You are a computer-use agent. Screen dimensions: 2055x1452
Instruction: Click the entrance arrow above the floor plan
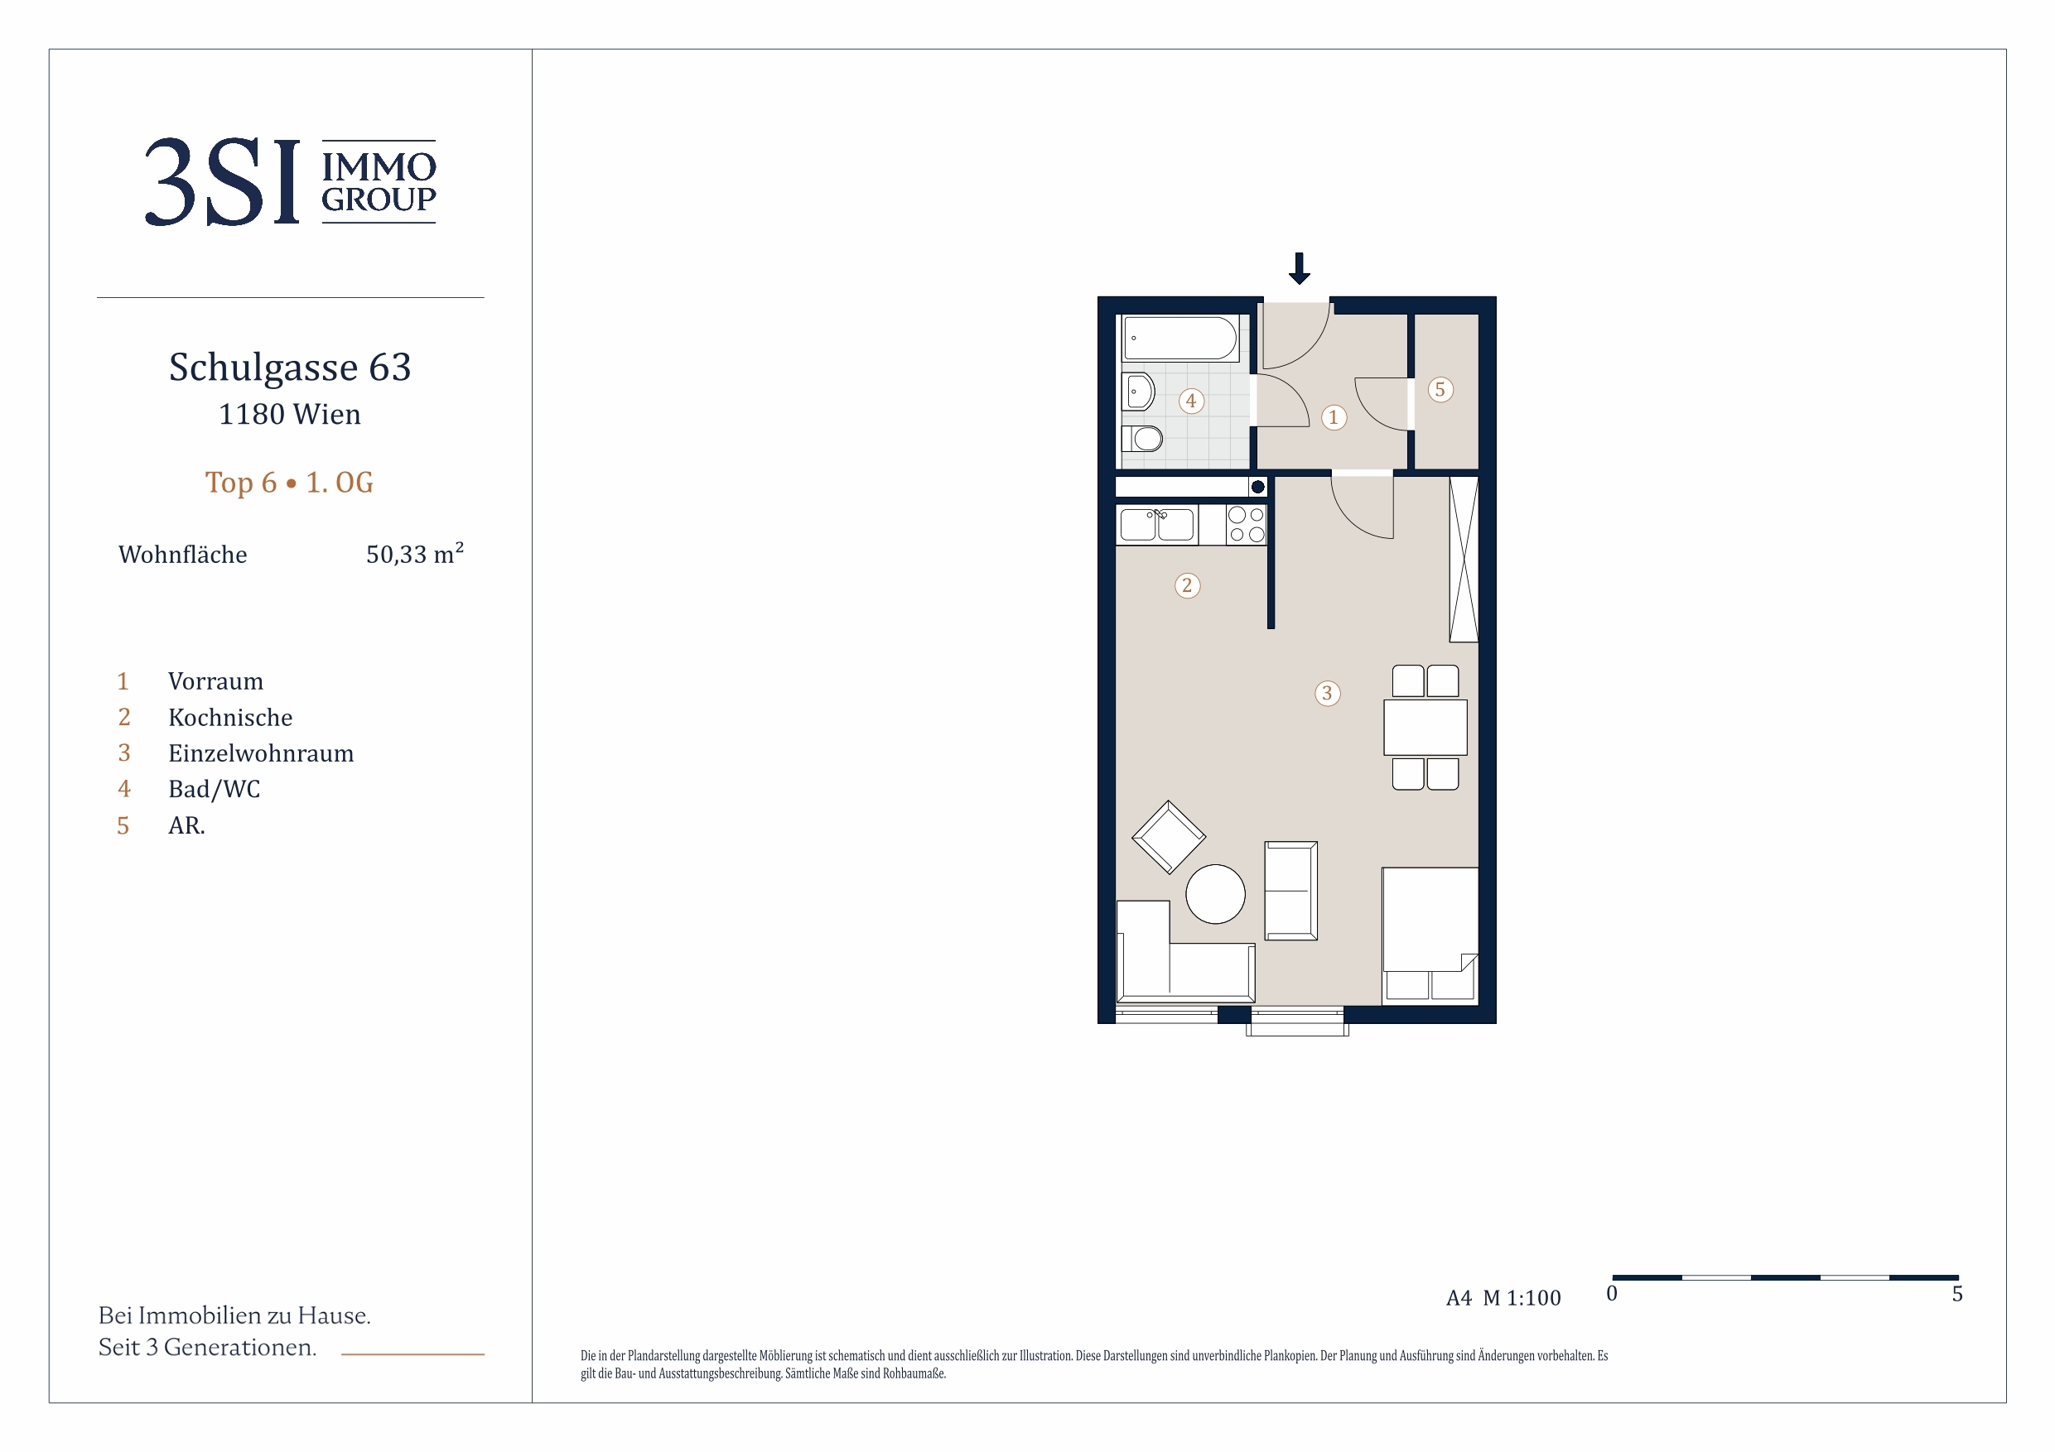(1300, 268)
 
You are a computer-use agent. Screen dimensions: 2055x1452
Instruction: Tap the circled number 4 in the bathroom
(1190, 401)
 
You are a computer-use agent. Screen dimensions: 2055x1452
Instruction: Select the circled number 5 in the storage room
(1440, 389)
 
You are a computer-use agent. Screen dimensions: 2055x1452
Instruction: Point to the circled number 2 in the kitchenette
(1187, 585)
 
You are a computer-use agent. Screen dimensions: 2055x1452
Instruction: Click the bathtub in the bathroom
(1180, 339)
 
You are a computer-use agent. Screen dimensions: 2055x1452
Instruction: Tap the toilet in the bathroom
(1142, 439)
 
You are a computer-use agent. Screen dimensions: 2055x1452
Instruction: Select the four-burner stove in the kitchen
(1246, 524)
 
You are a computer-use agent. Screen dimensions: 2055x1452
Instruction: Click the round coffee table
(1215, 894)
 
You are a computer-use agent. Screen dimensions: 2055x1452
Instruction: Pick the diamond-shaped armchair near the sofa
(1168, 838)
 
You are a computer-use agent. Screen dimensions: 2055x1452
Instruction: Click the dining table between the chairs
(1425, 728)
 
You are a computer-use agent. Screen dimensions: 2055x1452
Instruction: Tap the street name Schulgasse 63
(290, 367)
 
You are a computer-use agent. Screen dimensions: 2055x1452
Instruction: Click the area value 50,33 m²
(414, 553)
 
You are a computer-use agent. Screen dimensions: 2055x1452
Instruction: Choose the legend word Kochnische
(231, 718)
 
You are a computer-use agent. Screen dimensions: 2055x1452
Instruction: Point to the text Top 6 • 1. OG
(289, 483)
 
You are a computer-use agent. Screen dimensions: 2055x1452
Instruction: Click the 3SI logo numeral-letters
(222, 181)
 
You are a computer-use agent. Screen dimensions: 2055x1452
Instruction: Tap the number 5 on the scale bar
(1957, 1294)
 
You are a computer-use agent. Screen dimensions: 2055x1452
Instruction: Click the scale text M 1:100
(1522, 1298)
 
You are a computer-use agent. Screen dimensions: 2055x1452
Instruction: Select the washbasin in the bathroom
(1138, 392)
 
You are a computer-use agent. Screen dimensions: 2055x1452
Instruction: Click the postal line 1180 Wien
(290, 414)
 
